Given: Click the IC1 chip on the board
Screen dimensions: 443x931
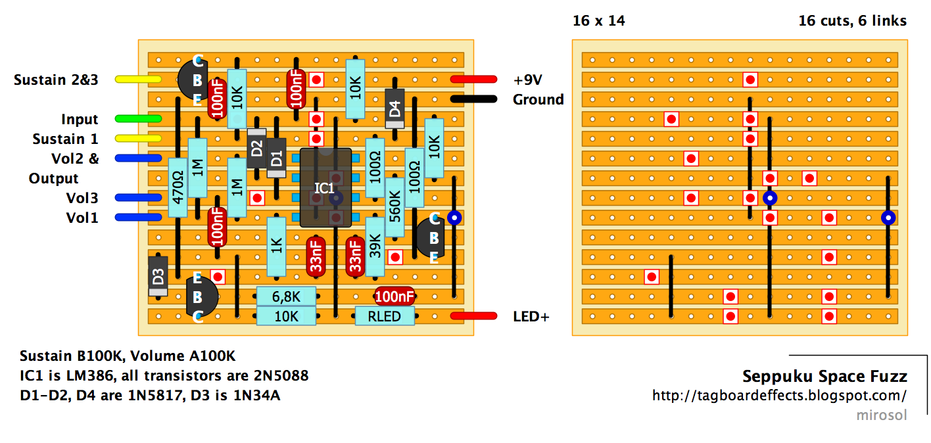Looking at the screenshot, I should [x=326, y=188].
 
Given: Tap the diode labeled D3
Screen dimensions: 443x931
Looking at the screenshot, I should [x=158, y=276].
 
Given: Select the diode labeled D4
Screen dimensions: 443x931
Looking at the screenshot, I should [x=394, y=108].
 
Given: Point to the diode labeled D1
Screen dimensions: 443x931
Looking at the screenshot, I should [x=277, y=158].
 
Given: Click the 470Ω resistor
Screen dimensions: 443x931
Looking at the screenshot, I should [x=177, y=187].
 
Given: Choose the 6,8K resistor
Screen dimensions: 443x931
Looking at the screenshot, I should [x=286, y=296].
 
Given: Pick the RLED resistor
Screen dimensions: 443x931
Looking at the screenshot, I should [x=385, y=316].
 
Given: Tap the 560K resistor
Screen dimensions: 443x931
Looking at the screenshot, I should [x=394, y=207].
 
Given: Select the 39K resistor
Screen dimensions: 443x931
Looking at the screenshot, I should [x=375, y=246].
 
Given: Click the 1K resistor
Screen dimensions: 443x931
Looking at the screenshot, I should [x=277, y=246].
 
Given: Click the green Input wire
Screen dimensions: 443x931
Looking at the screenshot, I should [x=138, y=119].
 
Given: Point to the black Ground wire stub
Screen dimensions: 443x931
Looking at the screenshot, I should [x=473, y=99].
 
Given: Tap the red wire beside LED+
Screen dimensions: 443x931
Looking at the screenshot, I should [x=473, y=316].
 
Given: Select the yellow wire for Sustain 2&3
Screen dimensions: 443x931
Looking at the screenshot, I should [x=138, y=80].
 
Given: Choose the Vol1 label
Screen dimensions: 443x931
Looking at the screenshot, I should [x=82, y=218].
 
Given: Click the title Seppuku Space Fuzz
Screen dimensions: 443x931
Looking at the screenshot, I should [x=824, y=377].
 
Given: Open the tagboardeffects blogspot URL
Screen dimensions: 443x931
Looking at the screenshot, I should [x=779, y=396].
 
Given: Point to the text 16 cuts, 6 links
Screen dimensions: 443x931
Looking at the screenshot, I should [x=852, y=21].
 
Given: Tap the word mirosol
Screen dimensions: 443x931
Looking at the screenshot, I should [x=882, y=415].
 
